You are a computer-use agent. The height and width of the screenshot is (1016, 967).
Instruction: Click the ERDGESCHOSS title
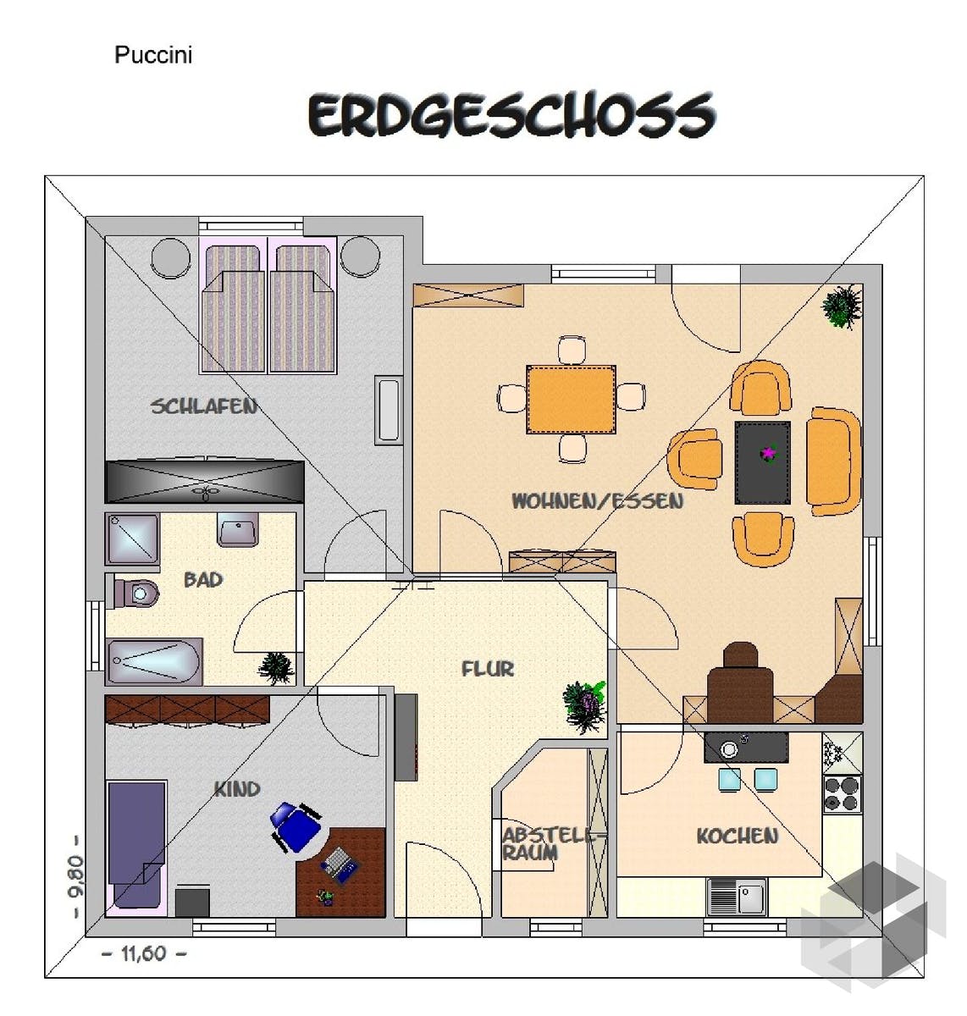(511, 116)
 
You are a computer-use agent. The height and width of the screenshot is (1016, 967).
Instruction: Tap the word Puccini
(153, 55)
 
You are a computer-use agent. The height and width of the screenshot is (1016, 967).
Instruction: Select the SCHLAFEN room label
(203, 406)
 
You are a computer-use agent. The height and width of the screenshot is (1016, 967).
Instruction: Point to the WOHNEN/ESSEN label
(598, 500)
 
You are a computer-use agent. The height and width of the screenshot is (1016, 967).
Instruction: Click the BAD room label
(203, 580)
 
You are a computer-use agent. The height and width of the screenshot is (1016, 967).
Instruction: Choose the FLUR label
(488, 669)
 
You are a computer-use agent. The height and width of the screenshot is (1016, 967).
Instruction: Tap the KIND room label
(237, 789)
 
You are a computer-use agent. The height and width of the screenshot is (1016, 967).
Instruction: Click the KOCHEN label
(737, 837)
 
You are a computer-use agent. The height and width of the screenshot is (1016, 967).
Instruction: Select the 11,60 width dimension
(144, 953)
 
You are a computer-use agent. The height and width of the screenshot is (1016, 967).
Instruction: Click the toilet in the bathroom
(132, 593)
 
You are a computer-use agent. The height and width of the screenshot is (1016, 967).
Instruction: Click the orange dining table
(571, 399)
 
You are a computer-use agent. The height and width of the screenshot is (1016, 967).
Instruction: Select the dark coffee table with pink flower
(763, 462)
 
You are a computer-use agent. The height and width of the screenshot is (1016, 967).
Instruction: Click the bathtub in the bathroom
(153, 662)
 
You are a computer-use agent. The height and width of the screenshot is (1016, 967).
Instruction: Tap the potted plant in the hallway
(585, 706)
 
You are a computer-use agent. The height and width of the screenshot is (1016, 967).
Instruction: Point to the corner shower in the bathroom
(132, 538)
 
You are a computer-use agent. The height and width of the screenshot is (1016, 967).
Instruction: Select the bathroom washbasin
(237, 530)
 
